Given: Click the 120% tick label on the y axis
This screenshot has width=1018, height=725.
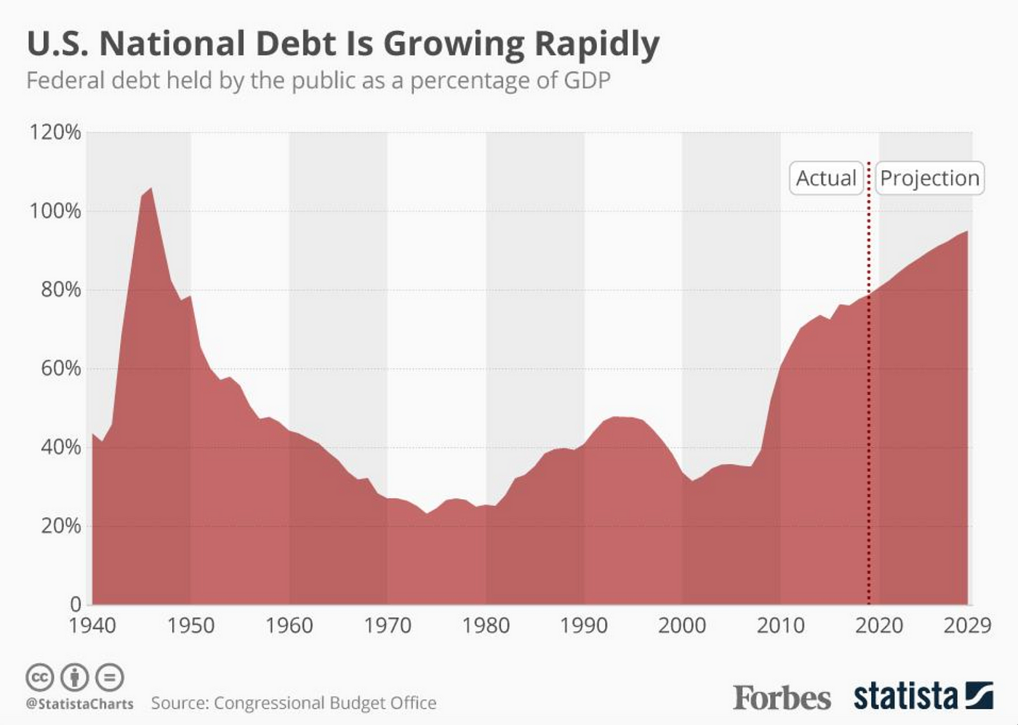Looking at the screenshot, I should tap(55, 132).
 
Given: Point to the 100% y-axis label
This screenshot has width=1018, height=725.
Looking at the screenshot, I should tap(55, 211).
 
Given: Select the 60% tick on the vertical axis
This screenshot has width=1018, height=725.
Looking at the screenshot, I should tap(60, 368).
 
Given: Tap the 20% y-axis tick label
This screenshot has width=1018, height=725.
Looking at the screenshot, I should tap(60, 525).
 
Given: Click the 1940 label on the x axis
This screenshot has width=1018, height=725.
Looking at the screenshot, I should tap(92, 625).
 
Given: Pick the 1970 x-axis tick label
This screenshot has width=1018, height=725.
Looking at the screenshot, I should tap(388, 625).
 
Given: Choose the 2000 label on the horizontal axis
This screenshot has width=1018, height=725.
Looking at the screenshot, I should tap(682, 625).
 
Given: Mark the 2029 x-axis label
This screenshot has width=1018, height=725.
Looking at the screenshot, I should tap(967, 625).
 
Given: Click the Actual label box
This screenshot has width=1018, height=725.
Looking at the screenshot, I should tap(826, 178).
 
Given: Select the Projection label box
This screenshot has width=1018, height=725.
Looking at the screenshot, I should tap(929, 178).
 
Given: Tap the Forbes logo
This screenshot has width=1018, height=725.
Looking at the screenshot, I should tap(782, 698).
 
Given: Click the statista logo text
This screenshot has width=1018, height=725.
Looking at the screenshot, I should tap(906, 696).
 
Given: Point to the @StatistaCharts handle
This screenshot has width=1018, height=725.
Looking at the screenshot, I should tap(80, 704).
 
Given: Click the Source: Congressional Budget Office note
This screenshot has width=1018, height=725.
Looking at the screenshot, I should tap(294, 703).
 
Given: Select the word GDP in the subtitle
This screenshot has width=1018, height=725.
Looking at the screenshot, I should tap(587, 80).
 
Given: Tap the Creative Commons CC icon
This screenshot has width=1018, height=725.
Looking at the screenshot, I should tap(40, 677).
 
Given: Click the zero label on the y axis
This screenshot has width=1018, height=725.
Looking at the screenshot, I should tap(76, 604).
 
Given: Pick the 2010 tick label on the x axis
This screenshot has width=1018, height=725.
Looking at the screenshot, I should tap(780, 625).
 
